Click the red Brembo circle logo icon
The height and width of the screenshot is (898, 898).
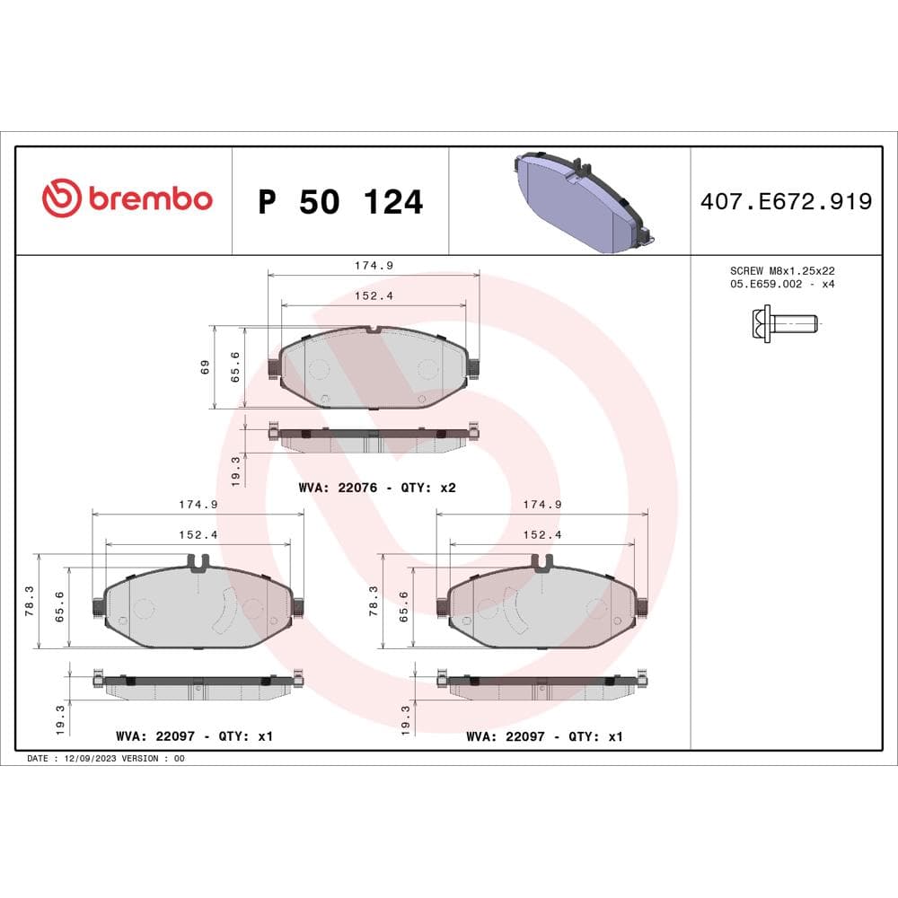tap(62, 199)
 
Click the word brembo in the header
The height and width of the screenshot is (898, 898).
tap(149, 199)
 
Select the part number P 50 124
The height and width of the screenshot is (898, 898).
tap(340, 202)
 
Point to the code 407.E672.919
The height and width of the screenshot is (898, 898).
tap(786, 202)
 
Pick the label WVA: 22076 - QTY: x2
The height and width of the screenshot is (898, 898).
tap(377, 488)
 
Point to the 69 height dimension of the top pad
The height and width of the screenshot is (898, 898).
tap(206, 367)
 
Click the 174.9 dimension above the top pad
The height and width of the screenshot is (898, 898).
tap(374, 266)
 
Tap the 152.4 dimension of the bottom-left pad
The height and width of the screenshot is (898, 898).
tap(198, 534)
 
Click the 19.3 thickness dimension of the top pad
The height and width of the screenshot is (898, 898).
tap(236, 470)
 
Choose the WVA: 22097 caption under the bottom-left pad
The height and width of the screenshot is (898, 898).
tap(194, 736)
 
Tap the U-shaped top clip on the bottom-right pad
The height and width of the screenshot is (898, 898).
tap(541, 563)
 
